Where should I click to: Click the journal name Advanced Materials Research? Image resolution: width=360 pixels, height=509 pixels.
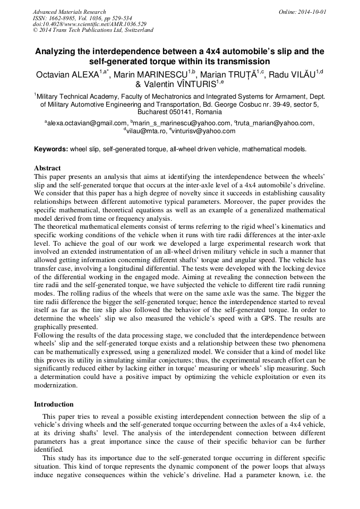coord(69,12)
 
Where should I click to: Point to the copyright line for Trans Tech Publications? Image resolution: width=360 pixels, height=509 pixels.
coord(93,30)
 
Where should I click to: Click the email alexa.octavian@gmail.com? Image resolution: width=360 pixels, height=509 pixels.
coord(87,123)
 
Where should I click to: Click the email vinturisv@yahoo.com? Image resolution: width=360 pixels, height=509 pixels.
coord(202,132)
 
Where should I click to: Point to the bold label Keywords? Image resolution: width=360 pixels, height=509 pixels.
coord(51,150)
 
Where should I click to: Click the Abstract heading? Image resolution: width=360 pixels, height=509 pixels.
coord(47,168)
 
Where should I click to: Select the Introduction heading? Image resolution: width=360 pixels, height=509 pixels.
coord(53,404)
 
